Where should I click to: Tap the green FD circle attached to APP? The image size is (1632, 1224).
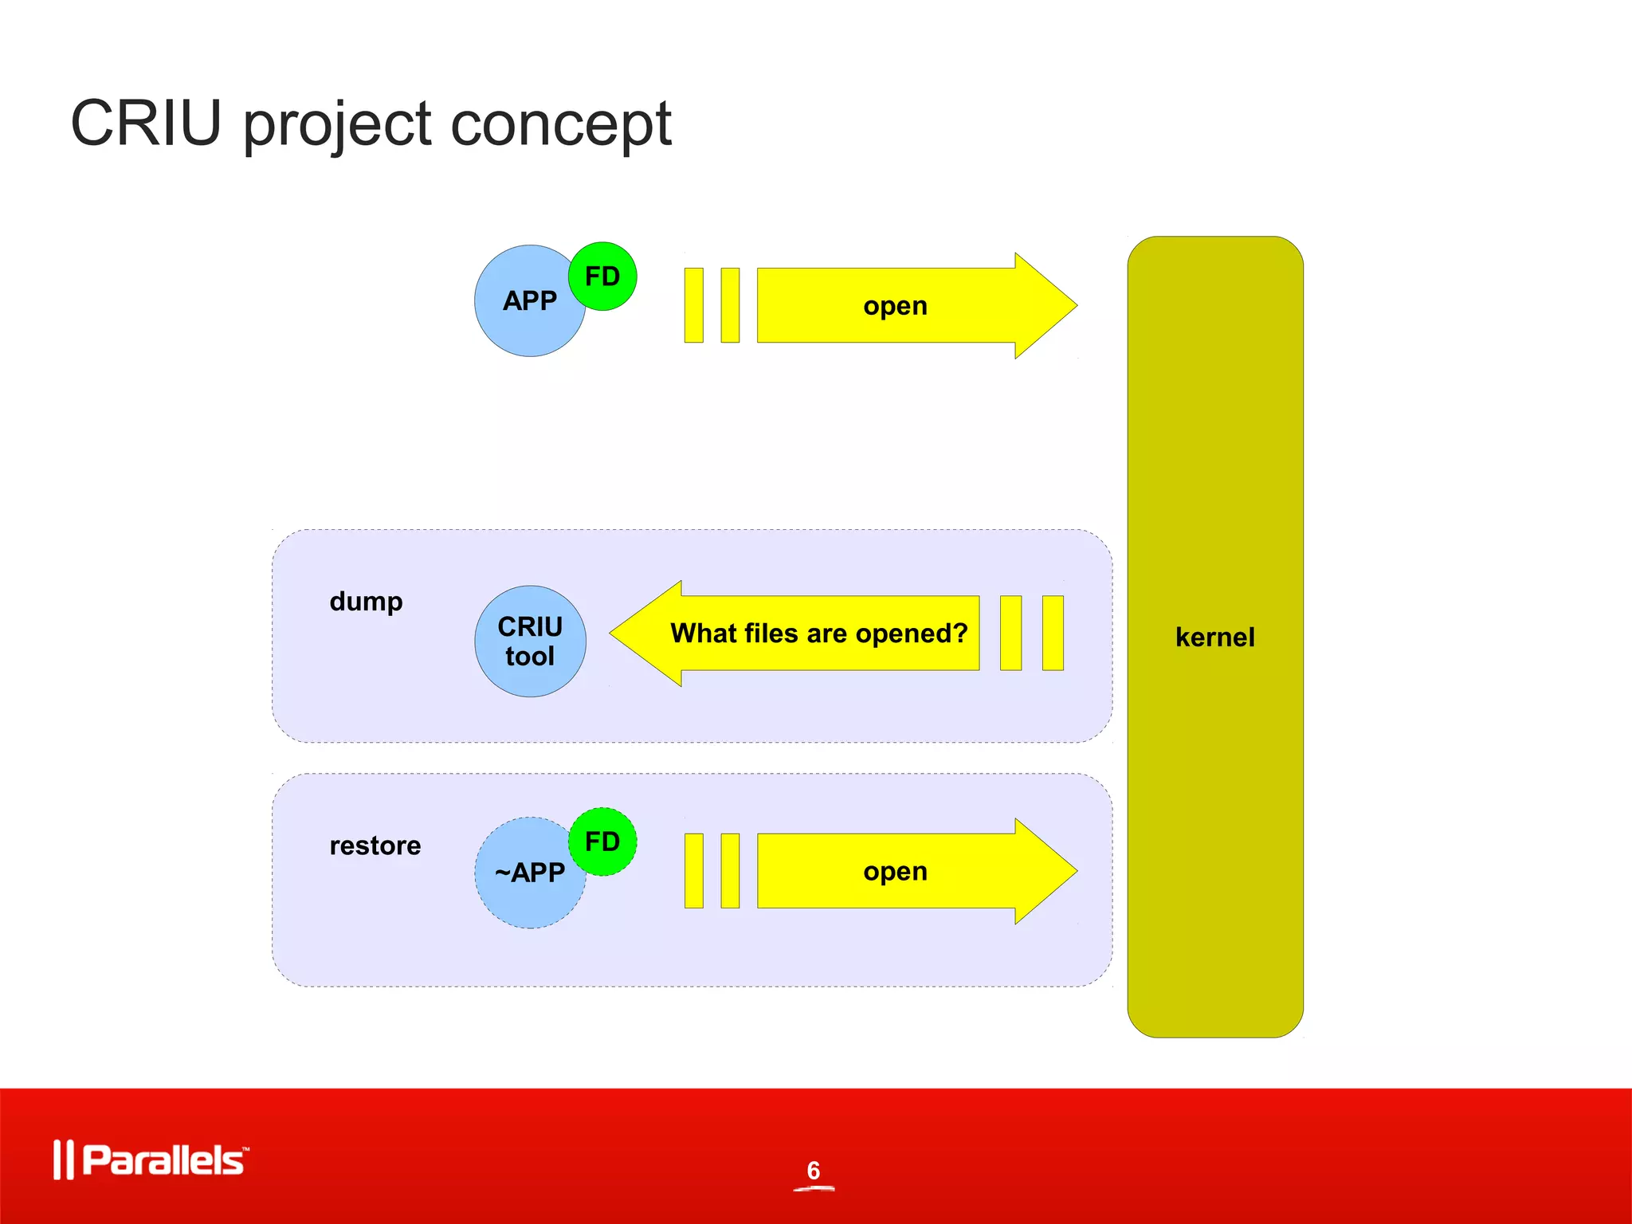602,277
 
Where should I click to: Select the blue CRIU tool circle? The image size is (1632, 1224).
530,641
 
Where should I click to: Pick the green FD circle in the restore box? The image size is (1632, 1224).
602,841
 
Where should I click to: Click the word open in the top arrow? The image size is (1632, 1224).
895,306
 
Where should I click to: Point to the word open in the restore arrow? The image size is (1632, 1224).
895,872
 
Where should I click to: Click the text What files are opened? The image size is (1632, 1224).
818,634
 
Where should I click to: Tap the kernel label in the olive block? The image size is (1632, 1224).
1214,637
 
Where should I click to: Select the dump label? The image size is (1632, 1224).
366,601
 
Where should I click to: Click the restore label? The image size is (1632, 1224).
375,845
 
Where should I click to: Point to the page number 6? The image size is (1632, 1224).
813,1171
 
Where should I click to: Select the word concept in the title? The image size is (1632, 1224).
561,125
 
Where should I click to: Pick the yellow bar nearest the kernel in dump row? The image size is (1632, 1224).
1053,634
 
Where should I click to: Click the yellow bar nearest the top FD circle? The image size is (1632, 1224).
694,306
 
